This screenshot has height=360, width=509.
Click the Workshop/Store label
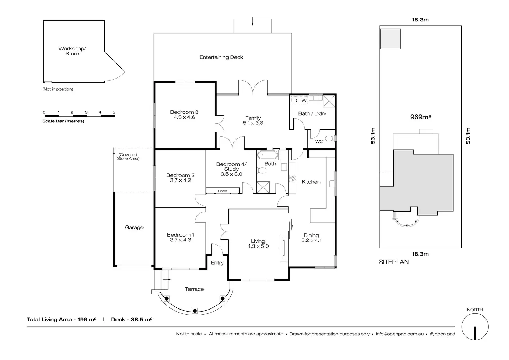(72, 51)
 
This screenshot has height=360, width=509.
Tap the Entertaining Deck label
(221, 57)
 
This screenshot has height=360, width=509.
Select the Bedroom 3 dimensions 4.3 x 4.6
(184, 117)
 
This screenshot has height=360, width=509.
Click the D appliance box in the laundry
(295, 100)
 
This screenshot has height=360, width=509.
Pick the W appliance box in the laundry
(304, 100)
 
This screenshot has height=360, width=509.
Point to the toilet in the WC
(330, 139)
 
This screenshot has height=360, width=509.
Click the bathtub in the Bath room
(267, 155)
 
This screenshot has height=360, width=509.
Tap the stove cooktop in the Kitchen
(293, 178)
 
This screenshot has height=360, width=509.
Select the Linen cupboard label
(223, 191)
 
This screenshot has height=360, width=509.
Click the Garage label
(134, 228)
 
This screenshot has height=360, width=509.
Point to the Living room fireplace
(283, 247)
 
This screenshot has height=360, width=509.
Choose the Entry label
(217, 263)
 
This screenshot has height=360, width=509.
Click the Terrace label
(194, 289)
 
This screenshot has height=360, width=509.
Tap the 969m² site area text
(420, 117)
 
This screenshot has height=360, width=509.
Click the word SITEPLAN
(394, 262)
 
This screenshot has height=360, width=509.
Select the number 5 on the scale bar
(114, 112)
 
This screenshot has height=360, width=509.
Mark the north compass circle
(475, 327)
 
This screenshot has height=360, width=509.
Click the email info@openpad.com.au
(400, 334)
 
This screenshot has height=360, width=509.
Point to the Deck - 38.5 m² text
(132, 320)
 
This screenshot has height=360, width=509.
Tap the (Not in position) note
(58, 89)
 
